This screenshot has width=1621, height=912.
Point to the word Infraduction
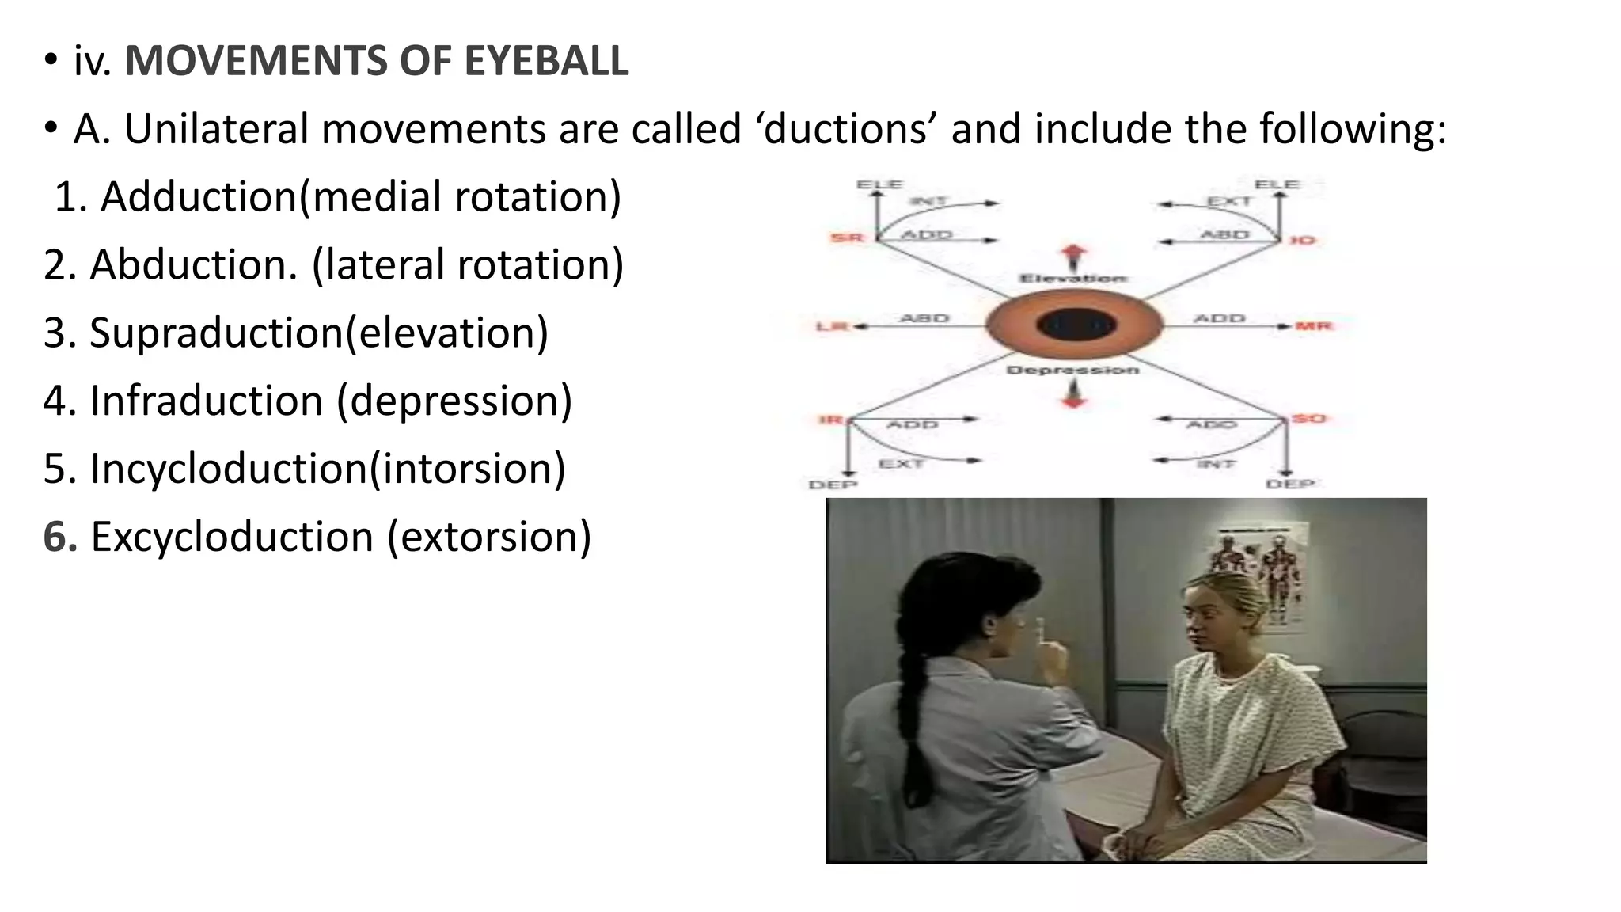[206, 401]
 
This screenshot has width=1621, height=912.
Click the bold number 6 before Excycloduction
[59, 537]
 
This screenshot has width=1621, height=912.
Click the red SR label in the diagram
[846, 237]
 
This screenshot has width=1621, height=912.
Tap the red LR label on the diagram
[831, 326]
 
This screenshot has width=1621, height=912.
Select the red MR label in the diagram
[1314, 325]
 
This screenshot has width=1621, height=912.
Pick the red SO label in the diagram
[1308, 418]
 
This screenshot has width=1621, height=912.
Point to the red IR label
[830, 419]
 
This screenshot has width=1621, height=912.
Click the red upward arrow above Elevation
[1074, 256]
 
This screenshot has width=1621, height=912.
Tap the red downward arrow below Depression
[1073, 393]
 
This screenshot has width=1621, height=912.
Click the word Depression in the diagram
[1072, 370]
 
